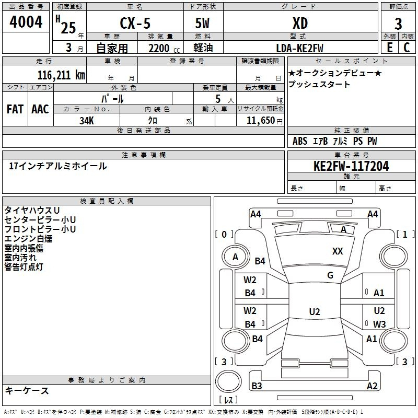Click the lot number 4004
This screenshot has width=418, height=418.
point(26,22)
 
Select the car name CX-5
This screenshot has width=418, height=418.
point(134,23)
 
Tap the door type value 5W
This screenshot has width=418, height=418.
point(203,23)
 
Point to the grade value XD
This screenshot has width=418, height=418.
point(300,23)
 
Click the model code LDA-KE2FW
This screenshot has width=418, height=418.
point(300,48)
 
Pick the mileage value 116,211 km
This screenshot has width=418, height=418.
point(61,75)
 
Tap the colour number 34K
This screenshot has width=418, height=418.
point(86,120)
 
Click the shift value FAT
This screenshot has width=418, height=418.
point(15,109)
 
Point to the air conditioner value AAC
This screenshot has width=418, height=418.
point(40,109)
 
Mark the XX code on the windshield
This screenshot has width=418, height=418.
point(338,251)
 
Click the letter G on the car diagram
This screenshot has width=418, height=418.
point(330,275)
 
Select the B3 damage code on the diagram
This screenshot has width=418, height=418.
point(257,386)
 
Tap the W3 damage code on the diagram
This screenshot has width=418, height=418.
point(379,324)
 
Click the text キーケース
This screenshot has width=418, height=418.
point(27,391)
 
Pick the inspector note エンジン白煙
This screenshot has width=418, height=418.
point(28,239)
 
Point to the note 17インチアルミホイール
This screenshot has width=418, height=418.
point(58,166)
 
